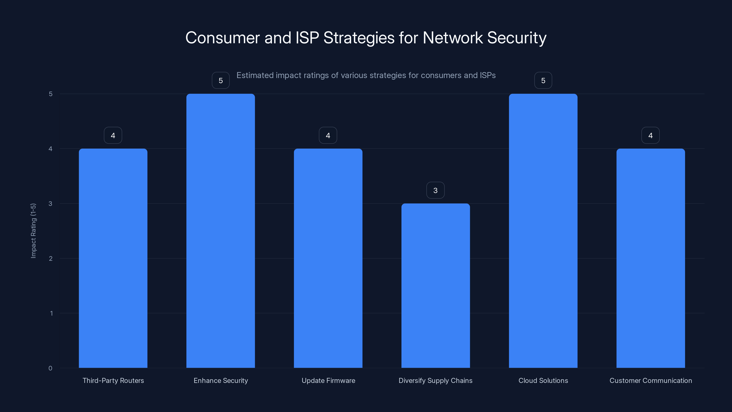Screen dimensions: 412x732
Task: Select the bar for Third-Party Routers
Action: coord(113,258)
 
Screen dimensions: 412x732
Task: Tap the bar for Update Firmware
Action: coord(328,258)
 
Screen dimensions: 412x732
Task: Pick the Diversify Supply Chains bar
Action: coord(435,285)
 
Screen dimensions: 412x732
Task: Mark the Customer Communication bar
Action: coord(650,258)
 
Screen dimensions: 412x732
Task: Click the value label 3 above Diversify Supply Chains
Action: coord(435,190)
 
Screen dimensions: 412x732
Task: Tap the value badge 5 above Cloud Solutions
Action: coord(543,81)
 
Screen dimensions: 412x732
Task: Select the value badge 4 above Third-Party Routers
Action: coord(113,135)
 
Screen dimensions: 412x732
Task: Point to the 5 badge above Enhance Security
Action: coord(221,81)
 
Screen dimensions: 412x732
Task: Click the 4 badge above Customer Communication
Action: coord(650,135)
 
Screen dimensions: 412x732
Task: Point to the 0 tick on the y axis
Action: coord(50,368)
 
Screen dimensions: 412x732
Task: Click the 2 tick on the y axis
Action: coord(51,258)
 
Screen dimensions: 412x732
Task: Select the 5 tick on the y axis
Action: coord(51,94)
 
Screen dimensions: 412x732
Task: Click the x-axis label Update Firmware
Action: coord(328,380)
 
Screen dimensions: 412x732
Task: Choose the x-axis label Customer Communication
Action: coord(650,380)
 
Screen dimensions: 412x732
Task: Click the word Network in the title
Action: coord(453,38)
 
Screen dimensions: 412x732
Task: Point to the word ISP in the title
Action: coord(307,38)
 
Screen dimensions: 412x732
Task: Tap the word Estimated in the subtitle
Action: coord(255,75)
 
